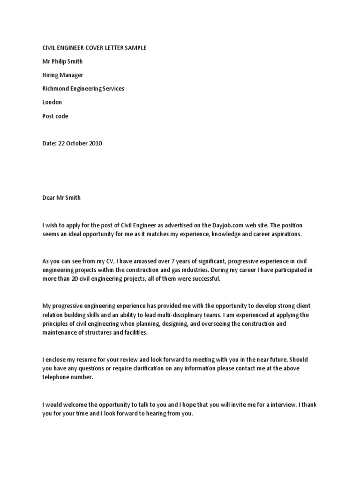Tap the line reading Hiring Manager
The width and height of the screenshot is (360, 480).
tap(63, 75)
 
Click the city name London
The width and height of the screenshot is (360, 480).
tap(52, 102)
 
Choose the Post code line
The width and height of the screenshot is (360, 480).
tap(55, 116)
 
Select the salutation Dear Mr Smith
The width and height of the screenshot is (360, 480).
tap(61, 197)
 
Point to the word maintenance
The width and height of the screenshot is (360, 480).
tap(61, 332)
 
